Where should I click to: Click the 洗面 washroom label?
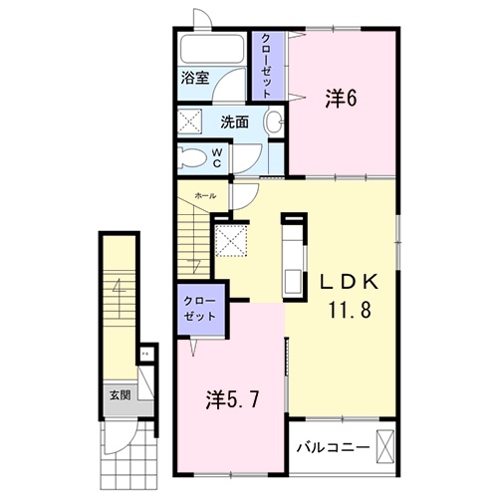[235, 123]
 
